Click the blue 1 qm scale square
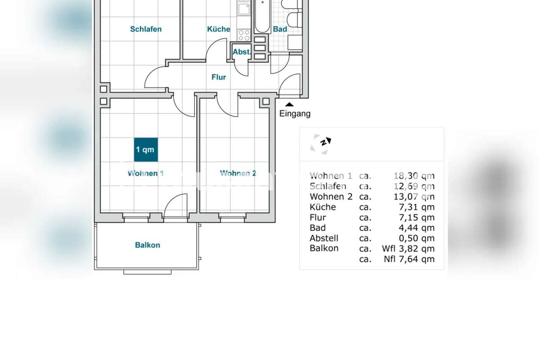pos(146,149)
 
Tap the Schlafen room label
pos(146,29)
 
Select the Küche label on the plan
pos(219,29)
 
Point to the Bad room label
pos(280,29)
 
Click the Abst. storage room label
pos(242,52)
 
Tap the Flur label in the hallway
pos(219,77)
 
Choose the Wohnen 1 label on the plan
pos(146,173)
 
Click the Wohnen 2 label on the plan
pos(238,173)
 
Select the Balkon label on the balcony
pos(148,245)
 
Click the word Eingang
pos(295,113)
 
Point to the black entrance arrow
pos(289,104)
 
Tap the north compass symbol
pos(321,144)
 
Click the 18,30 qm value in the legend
pos(414,176)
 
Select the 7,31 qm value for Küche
pos(417,207)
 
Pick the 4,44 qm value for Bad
pos(417,228)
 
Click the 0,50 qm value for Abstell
pos(417,238)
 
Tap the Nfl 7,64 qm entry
pos(409,259)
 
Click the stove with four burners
pos(244,35)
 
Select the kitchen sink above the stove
pos(244,9)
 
